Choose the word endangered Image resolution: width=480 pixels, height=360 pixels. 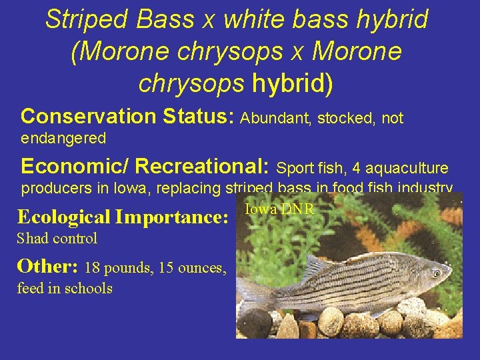coord(64,139)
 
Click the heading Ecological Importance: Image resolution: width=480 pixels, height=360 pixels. coord(123,217)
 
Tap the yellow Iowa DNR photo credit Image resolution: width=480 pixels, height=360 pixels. coord(279,209)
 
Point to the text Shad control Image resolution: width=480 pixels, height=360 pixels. coord(57,238)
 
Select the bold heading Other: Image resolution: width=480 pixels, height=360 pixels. coord(48,267)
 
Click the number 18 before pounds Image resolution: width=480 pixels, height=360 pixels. coord(93,268)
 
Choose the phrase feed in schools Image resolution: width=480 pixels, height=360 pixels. coord(65,288)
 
